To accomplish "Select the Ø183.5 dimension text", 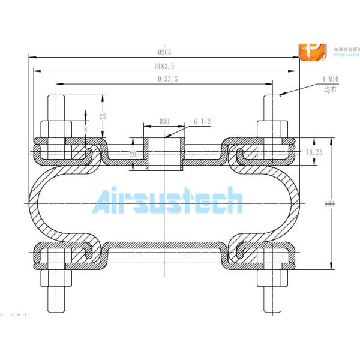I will pos(165,66).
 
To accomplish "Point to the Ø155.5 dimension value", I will pos(168,79).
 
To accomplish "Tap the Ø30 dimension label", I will pos(164,121).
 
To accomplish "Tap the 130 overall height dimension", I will pos(329,204).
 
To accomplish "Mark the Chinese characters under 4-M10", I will pos(329,89).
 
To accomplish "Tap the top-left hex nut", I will pos(56,128).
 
